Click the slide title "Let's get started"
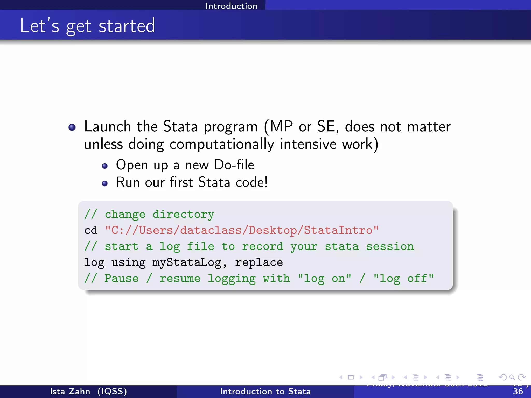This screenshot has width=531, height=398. point(87,26)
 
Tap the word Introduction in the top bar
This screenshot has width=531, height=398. point(231,6)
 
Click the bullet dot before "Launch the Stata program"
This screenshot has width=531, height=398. point(72,127)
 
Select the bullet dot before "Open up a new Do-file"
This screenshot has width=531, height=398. point(104,166)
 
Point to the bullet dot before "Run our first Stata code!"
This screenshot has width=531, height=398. point(104,183)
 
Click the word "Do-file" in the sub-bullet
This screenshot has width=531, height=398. point(234,165)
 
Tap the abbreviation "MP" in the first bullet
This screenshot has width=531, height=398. point(281,127)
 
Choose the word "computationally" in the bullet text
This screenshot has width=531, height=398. point(222,144)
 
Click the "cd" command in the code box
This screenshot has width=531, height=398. point(91,230)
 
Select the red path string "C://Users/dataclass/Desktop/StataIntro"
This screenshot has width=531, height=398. point(242,230)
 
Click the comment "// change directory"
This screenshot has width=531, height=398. point(149,215)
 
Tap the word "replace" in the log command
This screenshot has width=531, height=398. point(259,262)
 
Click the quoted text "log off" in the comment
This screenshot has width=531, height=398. point(403,279)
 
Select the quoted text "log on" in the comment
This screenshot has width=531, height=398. point(324,279)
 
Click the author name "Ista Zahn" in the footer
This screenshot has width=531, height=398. point(70,391)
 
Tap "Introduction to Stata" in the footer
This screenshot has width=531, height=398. point(265,391)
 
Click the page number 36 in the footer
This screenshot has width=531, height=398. point(518,391)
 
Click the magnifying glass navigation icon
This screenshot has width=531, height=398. point(512,377)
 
